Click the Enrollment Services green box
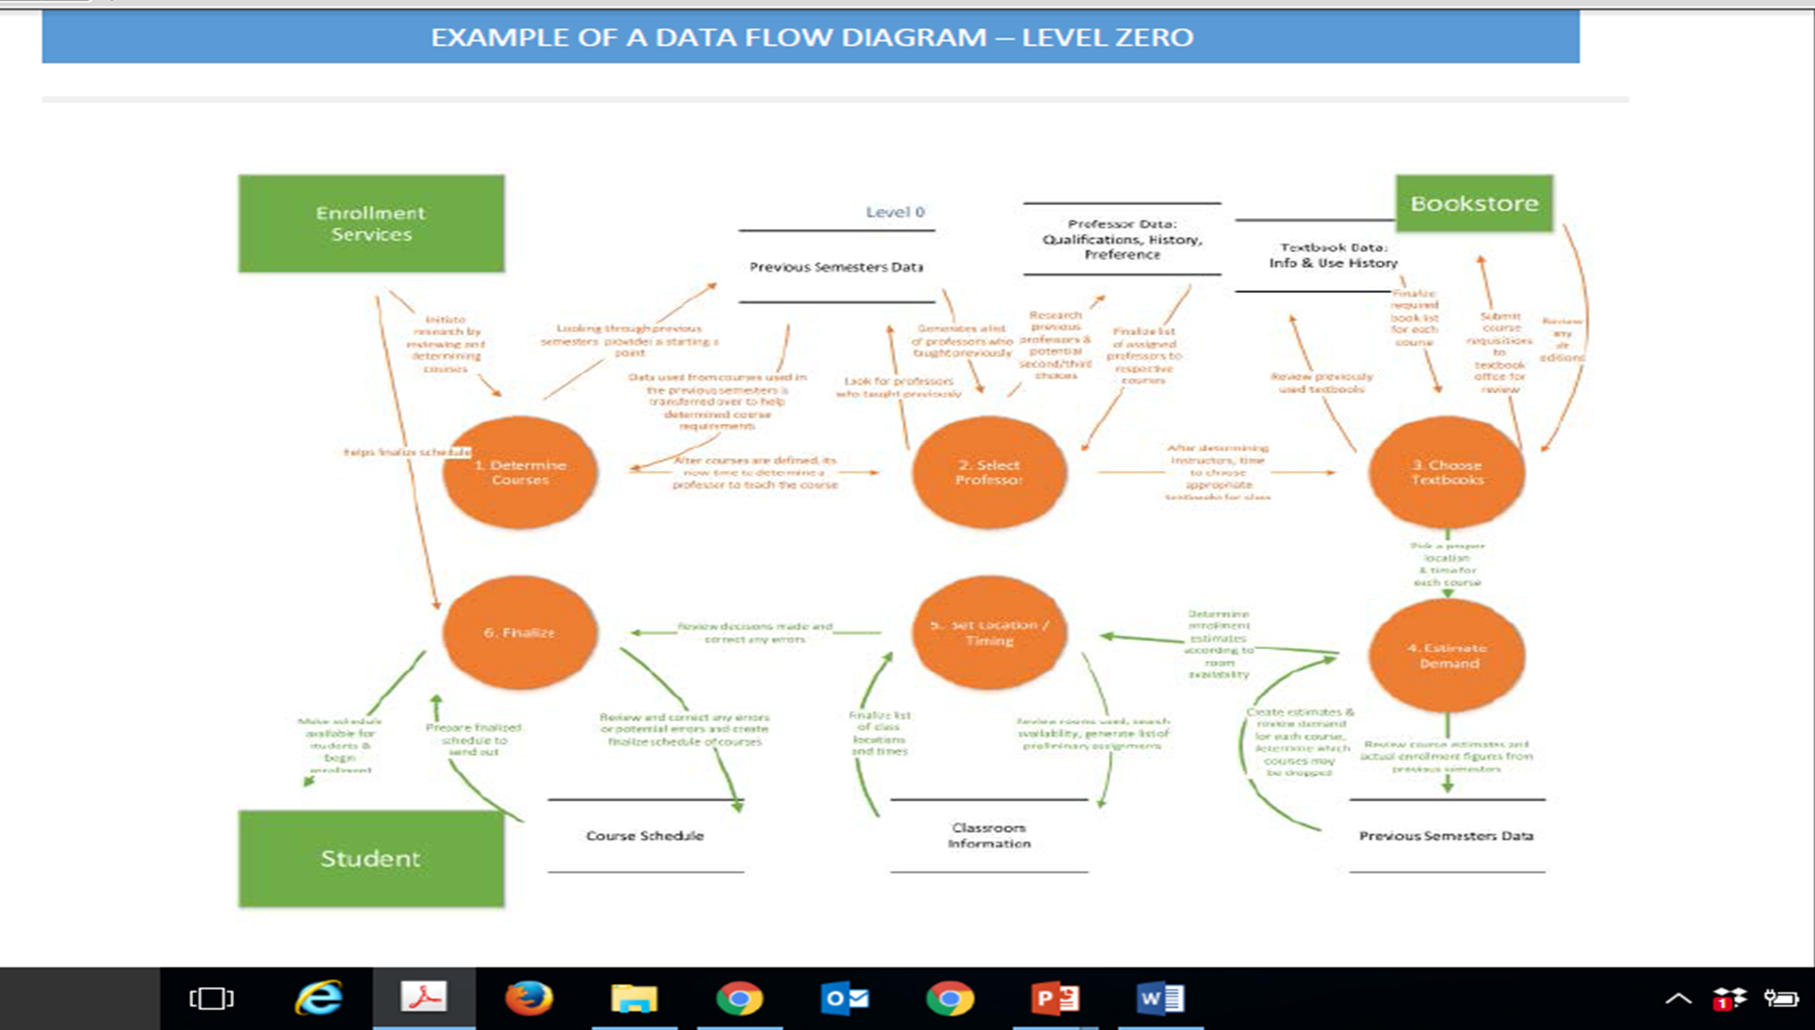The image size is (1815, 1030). click(x=371, y=224)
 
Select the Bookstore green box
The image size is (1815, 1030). click(x=1474, y=203)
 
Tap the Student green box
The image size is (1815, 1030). click(x=371, y=859)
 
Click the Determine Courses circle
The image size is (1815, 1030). click(x=520, y=472)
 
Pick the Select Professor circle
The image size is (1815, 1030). click(x=989, y=472)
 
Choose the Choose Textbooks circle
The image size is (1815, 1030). click(x=1447, y=472)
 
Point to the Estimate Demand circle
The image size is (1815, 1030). click(x=1447, y=655)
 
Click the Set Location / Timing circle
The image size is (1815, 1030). click(x=989, y=633)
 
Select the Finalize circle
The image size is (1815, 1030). click(x=520, y=633)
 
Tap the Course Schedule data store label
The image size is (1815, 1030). click(x=645, y=835)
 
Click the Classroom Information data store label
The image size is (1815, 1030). click(x=989, y=835)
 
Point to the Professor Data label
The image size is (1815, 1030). click(x=1122, y=239)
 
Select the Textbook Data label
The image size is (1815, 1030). click(x=1332, y=255)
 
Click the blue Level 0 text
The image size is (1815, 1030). click(x=895, y=212)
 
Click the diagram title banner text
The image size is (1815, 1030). click(x=811, y=37)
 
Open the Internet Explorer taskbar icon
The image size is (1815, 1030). click(x=319, y=998)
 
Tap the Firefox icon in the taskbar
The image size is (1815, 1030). click(x=528, y=998)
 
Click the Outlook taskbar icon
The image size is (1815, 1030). click(x=844, y=998)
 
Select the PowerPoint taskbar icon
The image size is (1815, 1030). click(x=1055, y=998)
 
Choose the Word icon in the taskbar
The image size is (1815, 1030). click(x=1160, y=998)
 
